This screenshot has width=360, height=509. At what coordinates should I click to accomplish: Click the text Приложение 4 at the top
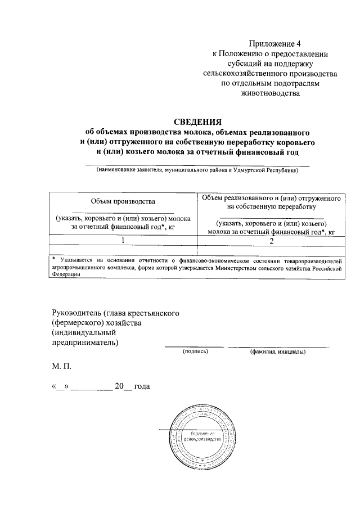click(272, 43)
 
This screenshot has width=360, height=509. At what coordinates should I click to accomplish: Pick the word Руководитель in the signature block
click(78, 313)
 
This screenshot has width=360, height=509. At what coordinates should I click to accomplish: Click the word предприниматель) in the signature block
click(85, 343)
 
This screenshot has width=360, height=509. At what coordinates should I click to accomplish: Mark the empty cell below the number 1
click(123, 250)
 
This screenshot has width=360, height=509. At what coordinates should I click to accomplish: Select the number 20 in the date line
click(119, 387)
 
